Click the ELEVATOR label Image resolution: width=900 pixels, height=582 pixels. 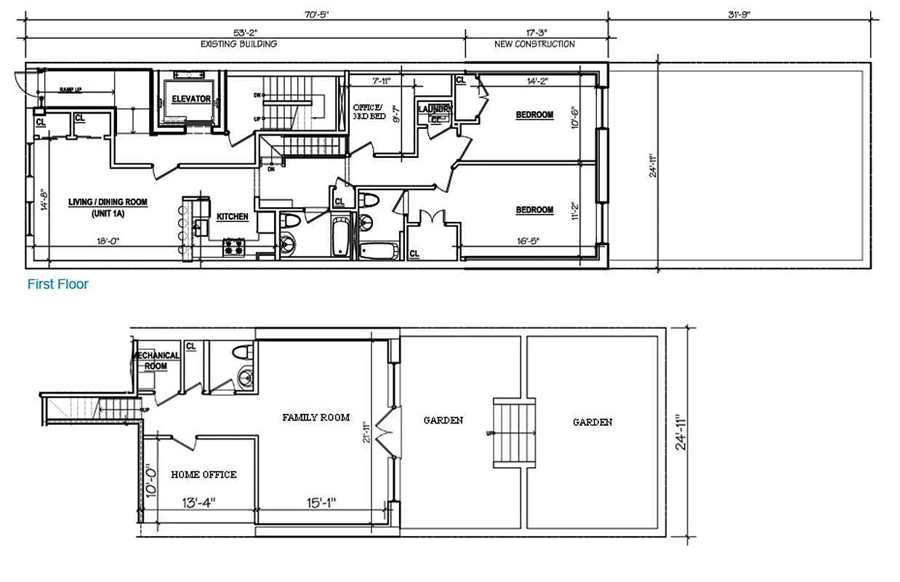[191, 99]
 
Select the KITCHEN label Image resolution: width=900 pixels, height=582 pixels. [233, 217]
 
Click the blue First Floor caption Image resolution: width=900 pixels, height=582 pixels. [57, 284]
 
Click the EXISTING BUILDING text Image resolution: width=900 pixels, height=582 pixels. [238, 44]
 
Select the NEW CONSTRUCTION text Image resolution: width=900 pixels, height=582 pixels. [534, 44]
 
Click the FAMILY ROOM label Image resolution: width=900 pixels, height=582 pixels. [316, 418]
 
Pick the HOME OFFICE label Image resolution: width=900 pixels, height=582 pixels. [204, 474]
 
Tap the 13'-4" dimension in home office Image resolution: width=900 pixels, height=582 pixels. [197, 503]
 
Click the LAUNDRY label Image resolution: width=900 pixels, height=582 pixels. [435, 109]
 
